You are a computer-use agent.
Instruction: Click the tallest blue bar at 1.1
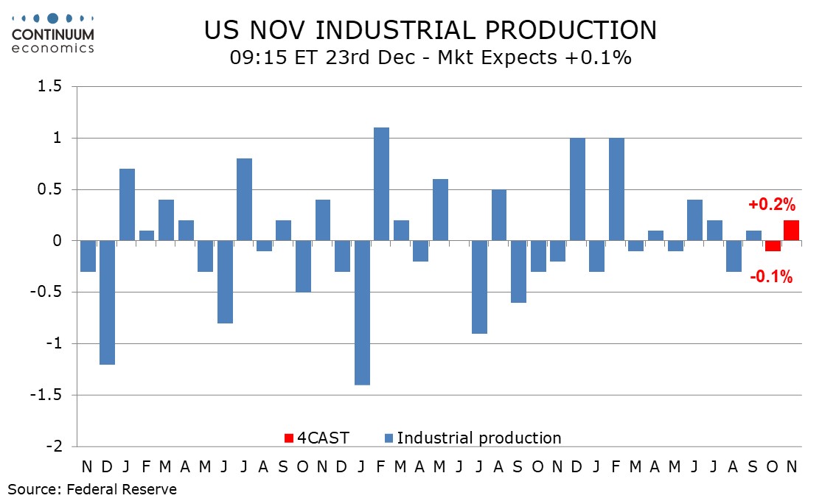tap(381, 184)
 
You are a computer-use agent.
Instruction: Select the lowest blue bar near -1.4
tap(362, 312)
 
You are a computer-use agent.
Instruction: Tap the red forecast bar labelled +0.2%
tap(791, 231)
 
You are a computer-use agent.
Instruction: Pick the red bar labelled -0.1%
tap(772, 246)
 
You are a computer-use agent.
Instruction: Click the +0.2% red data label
tap(773, 205)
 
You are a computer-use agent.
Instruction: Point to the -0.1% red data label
tap(771, 277)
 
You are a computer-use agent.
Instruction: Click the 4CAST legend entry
tap(317, 438)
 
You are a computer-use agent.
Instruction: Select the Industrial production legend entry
tap(472, 438)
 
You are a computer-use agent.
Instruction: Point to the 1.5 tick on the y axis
tap(54, 87)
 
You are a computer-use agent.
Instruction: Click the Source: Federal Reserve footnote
tap(92, 488)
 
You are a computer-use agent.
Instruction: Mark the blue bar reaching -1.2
tap(107, 302)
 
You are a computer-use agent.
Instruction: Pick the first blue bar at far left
tap(88, 256)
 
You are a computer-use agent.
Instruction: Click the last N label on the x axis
tap(791, 467)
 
